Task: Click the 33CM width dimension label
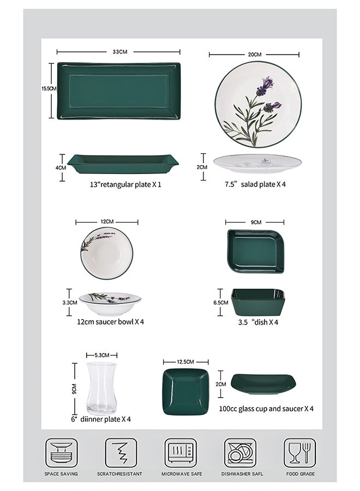[119, 52]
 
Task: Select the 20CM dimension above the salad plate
[254, 55]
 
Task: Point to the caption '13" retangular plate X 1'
[125, 184]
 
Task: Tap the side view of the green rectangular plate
[123, 163]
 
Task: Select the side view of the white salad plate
[257, 163]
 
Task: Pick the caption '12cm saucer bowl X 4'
[110, 322]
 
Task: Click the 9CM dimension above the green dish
[256, 222]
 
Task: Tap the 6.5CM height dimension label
[221, 302]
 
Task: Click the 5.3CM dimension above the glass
[102, 355]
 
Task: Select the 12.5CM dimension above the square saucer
[185, 362]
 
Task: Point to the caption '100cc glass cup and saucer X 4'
[266, 408]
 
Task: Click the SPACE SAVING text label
[61, 474]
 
